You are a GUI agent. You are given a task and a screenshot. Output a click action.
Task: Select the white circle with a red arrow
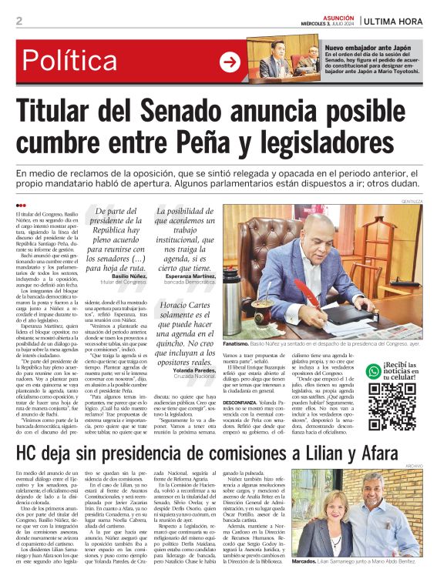click(230, 62)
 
